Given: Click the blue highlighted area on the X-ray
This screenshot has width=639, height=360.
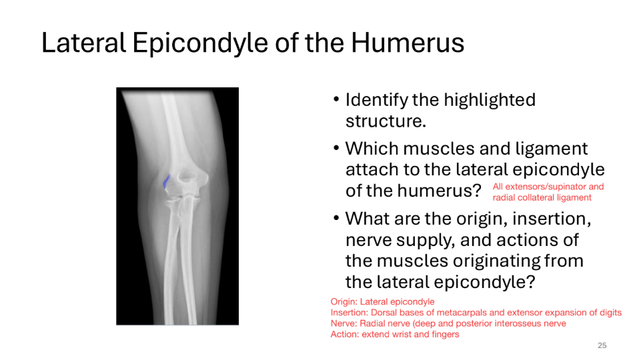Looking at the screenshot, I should point(166,180).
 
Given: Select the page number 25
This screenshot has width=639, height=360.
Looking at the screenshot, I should point(602,345).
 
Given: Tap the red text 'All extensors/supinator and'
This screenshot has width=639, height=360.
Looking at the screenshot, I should point(548,187).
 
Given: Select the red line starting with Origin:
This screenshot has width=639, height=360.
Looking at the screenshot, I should point(382,302).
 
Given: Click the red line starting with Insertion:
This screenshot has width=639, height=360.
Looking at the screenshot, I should point(476,313).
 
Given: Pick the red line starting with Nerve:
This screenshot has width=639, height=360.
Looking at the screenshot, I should point(448,323).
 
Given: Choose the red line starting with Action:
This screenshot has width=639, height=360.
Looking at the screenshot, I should point(395,334).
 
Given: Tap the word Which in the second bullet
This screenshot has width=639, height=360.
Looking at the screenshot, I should point(370,148).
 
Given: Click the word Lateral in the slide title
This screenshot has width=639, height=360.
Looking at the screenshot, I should point(83,43).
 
